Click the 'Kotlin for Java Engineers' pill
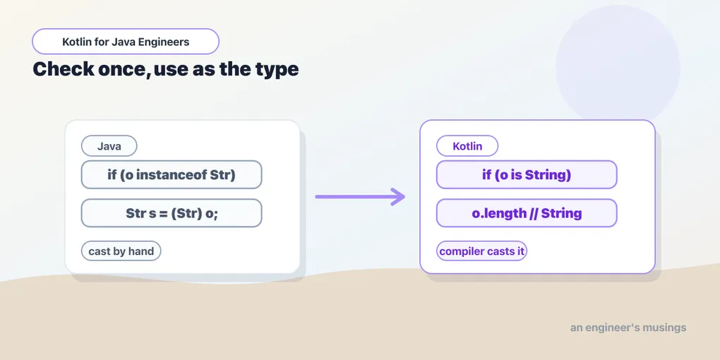point(126,42)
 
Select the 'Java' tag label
point(109,146)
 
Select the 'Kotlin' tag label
point(467,146)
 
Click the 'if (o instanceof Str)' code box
point(172,174)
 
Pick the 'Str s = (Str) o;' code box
point(172,213)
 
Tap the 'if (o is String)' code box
point(527,174)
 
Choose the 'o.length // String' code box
point(527,213)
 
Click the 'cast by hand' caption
point(121,251)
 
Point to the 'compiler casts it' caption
point(481,251)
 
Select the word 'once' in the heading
point(124,71)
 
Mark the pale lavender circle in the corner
point(618,67)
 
